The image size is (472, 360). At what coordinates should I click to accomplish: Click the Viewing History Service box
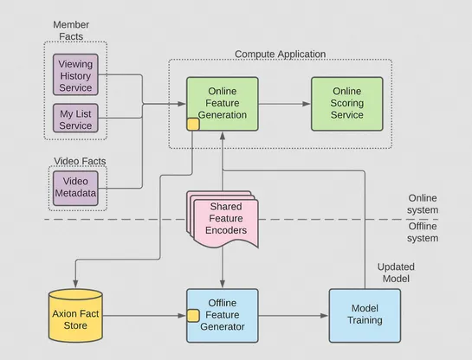click(x=75, y=74)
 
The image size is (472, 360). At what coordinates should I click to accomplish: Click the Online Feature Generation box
click(x=222, y=104)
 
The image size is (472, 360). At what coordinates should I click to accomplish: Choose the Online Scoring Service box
click(x=346, y=104)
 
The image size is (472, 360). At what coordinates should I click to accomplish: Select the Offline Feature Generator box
click(x=223, y=316)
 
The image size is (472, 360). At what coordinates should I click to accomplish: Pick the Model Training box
click(x=365, y=315)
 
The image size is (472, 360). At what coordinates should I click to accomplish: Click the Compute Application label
click(x=280, y=55)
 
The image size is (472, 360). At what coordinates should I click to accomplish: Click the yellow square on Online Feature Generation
click(x=193, y=125)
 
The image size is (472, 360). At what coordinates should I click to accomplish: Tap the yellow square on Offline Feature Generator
click(x=193, y=315)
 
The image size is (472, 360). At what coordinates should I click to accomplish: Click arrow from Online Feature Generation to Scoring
click(x=284, y=104)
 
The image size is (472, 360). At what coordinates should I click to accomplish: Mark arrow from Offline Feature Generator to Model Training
click(x=294, y=316)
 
